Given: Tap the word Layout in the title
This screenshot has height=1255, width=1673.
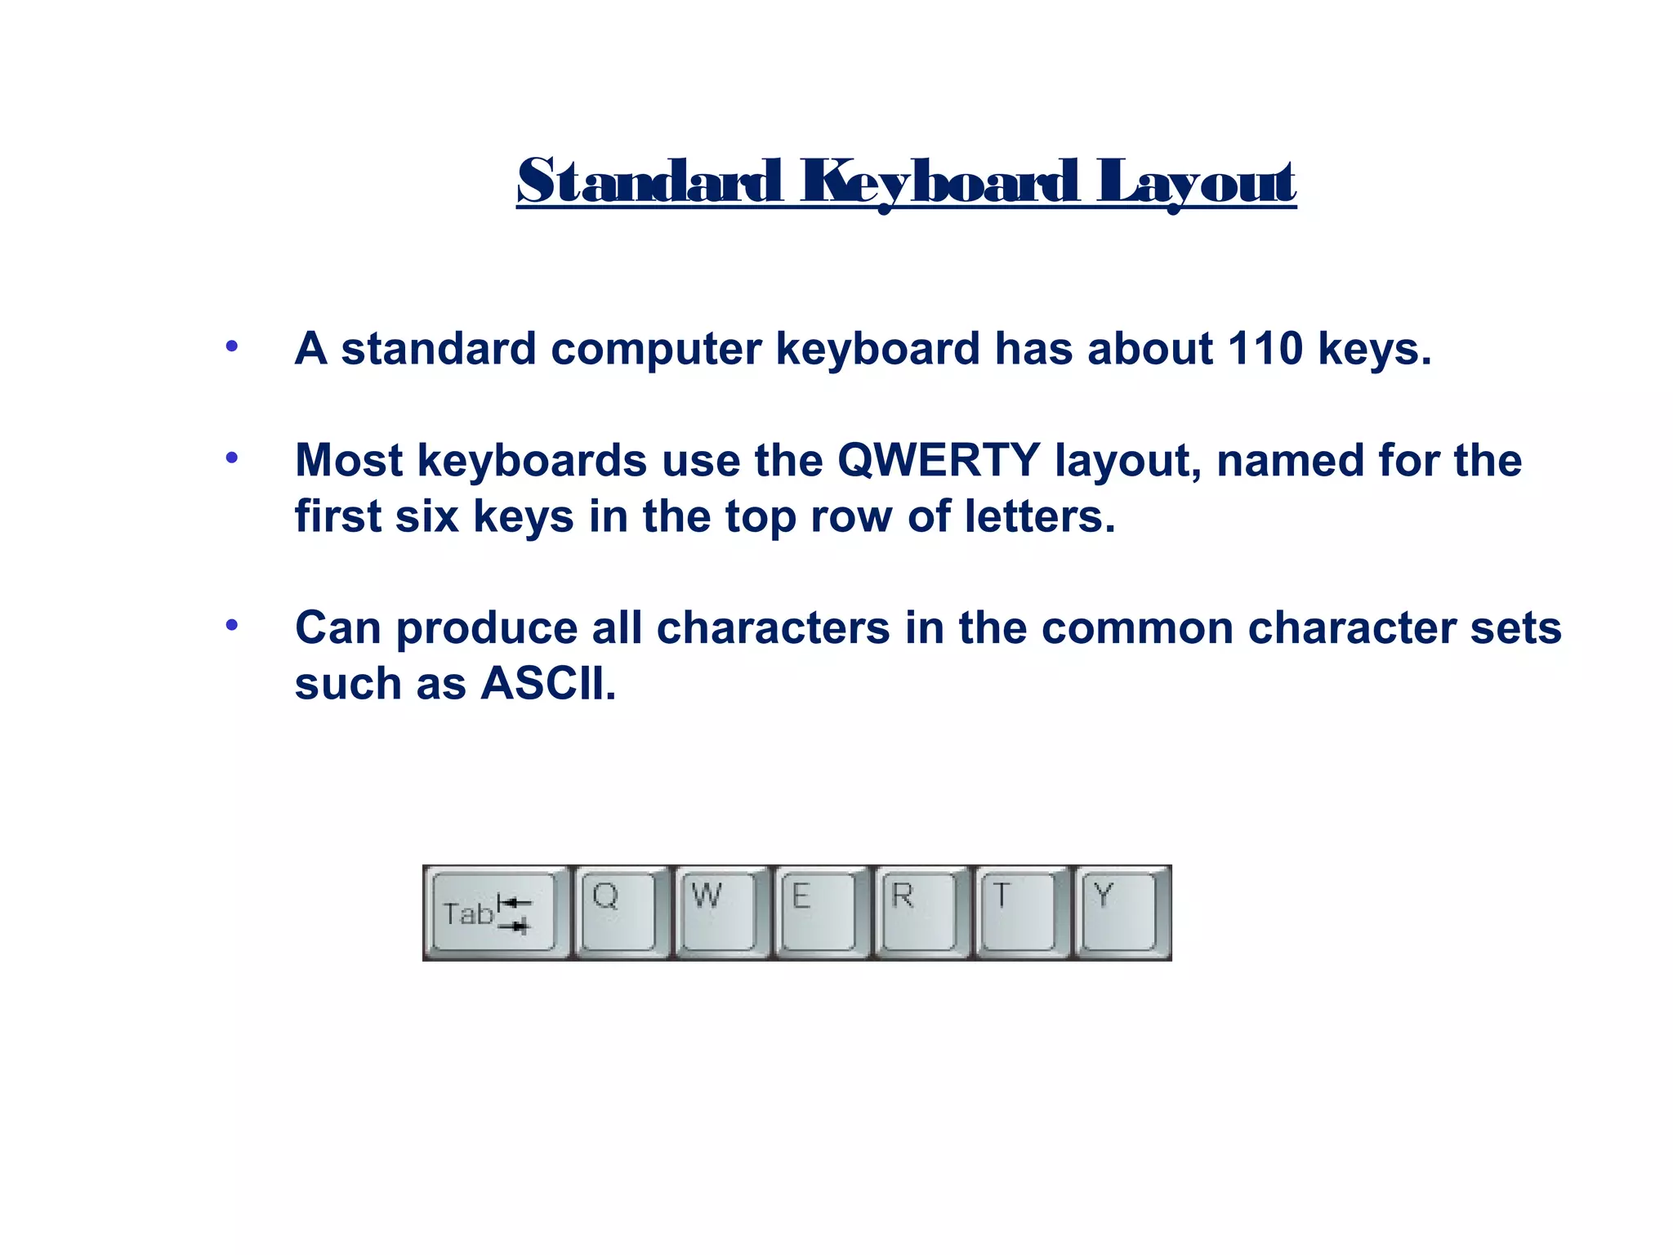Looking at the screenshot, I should [1195, 181].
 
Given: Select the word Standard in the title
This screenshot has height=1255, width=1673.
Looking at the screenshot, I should [649, 181].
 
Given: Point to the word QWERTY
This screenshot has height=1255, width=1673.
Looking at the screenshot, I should [939, 460].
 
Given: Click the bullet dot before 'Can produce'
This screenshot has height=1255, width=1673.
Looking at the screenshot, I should [232, 626].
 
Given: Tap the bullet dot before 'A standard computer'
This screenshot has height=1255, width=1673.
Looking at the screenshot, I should [232, 346].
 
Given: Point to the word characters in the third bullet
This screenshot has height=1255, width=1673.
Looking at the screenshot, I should [773, 628].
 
